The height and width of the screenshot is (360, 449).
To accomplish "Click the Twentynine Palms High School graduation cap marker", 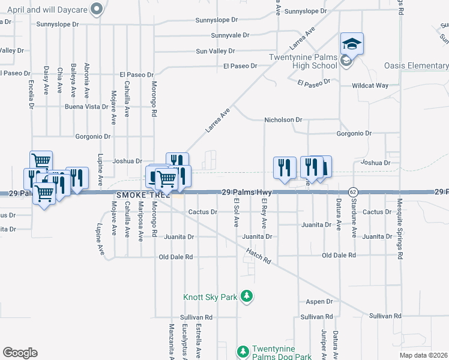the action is pyautogui.click(x=352, y=44).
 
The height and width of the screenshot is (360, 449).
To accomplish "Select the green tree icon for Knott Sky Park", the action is pyautogui.click(x=246, y=296).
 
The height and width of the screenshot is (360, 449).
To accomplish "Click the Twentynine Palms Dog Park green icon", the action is pyautogui.click(x=243, y=351).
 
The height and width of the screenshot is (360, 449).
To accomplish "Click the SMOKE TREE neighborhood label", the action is pyautogui.click(x=143, y=195).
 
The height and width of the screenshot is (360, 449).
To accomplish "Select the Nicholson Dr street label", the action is pyautogui.click(x=283, y=120).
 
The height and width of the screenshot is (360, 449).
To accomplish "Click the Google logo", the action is pyautogui.click(x=20, y=353).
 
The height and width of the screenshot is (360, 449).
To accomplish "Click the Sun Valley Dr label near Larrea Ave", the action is pyautogui.click(x=215, y=51).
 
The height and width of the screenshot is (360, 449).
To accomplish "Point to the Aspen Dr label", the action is pyautogui.click(x=319, y=302).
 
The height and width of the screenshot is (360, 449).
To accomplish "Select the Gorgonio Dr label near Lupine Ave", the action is pyautogui.click(x=93, y=137).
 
